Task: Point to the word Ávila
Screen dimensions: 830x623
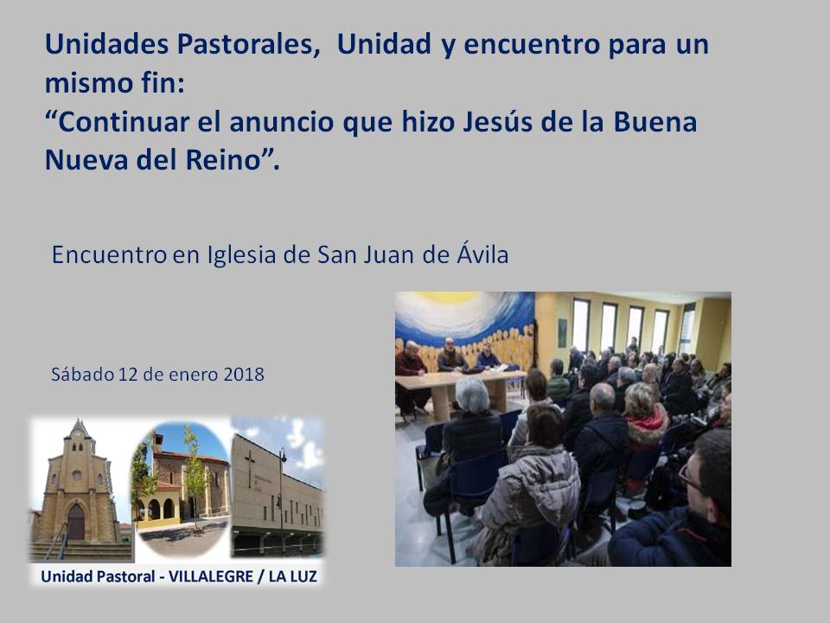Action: [482, 254]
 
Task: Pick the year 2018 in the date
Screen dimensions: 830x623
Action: [244, 375]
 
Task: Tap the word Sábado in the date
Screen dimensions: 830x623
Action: [83, 375]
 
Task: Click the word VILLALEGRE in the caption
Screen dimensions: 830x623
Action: [211, 576]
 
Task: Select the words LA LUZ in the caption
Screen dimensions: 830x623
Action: [293, 576]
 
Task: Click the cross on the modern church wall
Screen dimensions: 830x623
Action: [250, 468]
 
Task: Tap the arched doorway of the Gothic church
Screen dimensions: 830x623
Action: [76, 523]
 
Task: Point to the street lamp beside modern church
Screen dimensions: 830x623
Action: [281, 498]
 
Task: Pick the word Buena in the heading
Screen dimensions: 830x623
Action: [655, 122]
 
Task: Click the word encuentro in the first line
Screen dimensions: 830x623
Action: [532, 44]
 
